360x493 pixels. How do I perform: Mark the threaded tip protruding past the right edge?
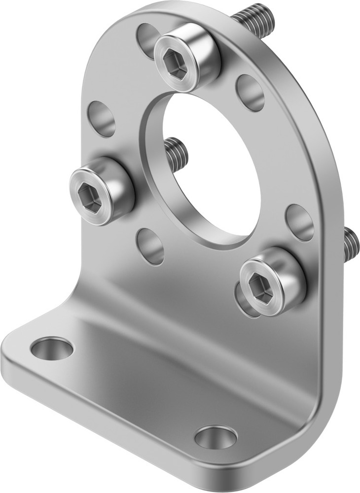pyautogui.click(x=351, y=244)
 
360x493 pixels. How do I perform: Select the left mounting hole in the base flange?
pyautogui.click(x=52, y=348)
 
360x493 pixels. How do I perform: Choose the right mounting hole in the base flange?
pyautogui.click(x=216, y=437)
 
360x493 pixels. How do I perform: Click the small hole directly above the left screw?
pyautogui.click(x=102, y=118)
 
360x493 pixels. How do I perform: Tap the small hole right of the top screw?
pyautogui.click(x=250, y=92)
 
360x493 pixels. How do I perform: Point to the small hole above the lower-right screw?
pyautogui.click(x=299, y=222)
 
